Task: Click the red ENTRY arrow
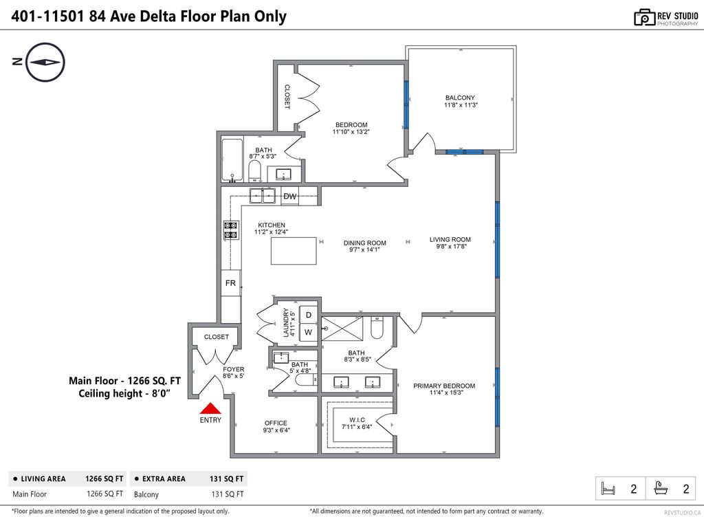click(210, 409)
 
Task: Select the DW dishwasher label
click(290, 197)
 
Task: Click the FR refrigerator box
click(230, 283)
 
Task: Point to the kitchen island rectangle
click(294, 251)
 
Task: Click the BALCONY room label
click(460, 98)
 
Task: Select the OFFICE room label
click(276, 423)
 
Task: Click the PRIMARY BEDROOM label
click(444, 386)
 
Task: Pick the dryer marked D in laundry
click(309, 315)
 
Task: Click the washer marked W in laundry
click(309, 332)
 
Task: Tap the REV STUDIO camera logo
click(643, 17)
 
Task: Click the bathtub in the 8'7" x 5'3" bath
click(232, 160)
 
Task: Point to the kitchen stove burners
click(230, 230)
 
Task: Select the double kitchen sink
click(262, 196)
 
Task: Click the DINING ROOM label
click(365, 243)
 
